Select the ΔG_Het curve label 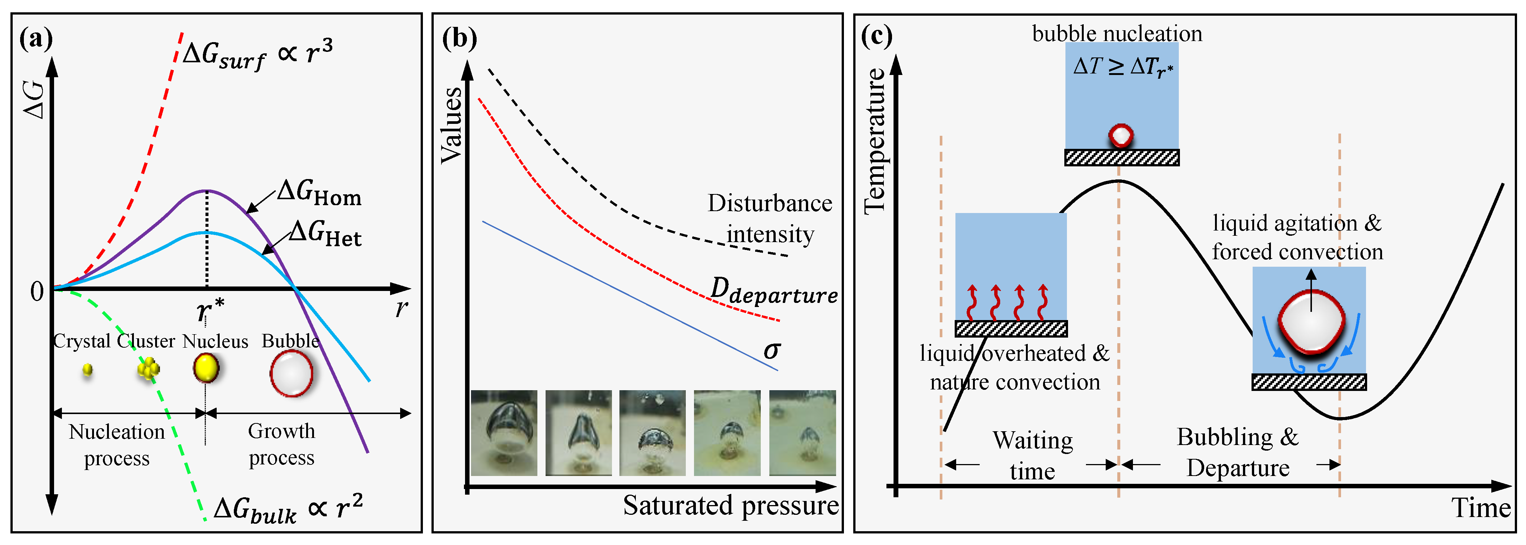[326, 234]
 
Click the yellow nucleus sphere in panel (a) [205, 369]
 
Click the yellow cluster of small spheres [148, 369]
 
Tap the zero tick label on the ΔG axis [37, 291]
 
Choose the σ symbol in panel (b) [772, 350]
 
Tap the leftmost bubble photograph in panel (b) [504, 432]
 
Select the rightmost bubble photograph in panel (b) [802, 432]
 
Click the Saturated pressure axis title [731, 506]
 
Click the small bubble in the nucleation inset [1121, 136]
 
